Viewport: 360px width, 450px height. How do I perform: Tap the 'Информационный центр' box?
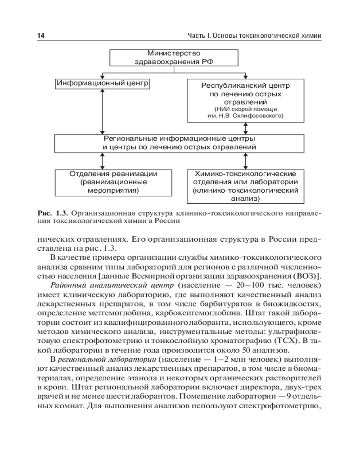[x=103, y=83]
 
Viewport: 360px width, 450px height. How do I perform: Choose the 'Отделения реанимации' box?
[x=113, y=182]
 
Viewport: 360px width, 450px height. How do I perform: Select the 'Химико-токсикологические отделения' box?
[x=245, y=185]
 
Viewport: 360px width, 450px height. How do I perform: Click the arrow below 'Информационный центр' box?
[x=103, y=111]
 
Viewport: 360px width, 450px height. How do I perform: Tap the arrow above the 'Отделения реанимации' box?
[x=103, y=161]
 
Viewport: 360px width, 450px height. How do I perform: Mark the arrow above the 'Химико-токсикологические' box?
[x=245, y=161]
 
